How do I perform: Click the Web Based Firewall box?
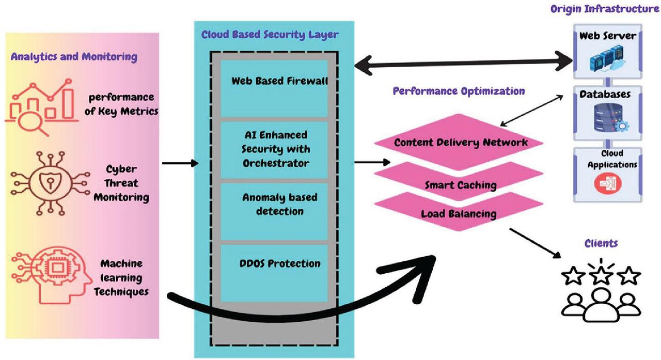274,88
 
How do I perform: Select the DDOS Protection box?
274,273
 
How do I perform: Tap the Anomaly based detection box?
274,211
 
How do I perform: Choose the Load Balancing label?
459,213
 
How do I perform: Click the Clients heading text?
601,243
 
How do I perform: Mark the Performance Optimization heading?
459,91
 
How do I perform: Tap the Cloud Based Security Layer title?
270,35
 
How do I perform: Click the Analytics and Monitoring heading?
74,57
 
